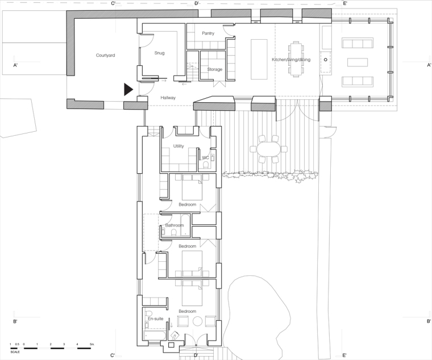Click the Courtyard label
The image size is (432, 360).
(x=105, y=55)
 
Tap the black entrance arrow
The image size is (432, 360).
(x=128, y=90)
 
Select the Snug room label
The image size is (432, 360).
(x=159, y=53)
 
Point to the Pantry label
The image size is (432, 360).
(x=208, y=34)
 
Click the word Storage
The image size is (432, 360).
(x=215, y=69)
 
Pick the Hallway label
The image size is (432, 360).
(x=168, y=98)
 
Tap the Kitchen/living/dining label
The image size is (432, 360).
(x=291, y=60)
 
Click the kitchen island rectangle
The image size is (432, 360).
(x=259, y=59)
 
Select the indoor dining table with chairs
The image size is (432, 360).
(x=296, y=59)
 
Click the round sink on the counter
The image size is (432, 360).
(x=325, y=60)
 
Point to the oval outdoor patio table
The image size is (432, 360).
(x=268, y=149)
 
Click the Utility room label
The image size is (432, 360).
(x=178, y=146)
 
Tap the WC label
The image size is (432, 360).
(x=206, y=158)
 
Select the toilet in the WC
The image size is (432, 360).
(x=206, y=165)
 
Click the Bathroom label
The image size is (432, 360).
(x=175, y=225)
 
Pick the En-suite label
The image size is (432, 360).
(x=156, y=319)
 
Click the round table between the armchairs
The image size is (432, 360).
(x=197, y=321)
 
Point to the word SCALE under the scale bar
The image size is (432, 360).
(x=15, y=352)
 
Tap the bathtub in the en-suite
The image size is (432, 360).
(x=155, y=336)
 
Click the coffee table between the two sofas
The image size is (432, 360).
(x=358, y=62)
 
